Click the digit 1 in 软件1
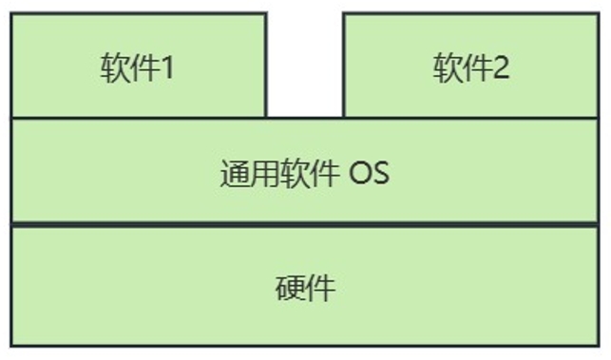(166, 69)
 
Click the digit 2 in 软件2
(500, 69)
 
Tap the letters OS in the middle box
(369, 175)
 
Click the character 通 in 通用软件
(235, 175)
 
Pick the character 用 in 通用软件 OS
(266, 175)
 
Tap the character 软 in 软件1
(114, 69)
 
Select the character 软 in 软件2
(448, 69)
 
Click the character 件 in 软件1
(143, 69)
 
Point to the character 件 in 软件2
(477, 69)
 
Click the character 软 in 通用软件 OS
(296, 175)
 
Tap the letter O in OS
(359, 175)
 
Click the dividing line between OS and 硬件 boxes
(304, 226)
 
